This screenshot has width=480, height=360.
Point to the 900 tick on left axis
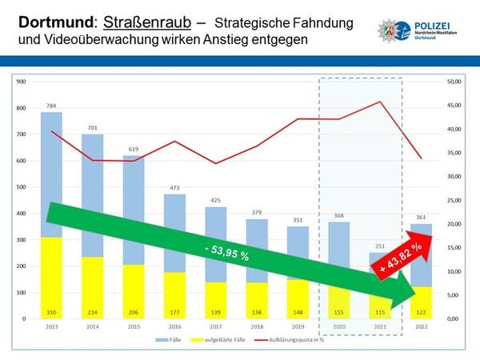click(22, 82)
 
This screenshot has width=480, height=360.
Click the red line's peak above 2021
click(379, 102)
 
